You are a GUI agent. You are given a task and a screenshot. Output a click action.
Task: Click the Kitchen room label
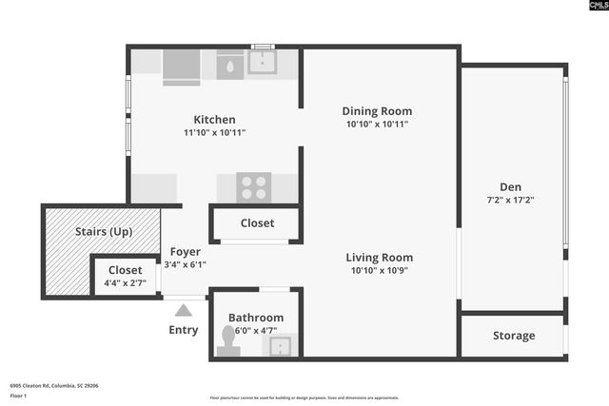point(214,120)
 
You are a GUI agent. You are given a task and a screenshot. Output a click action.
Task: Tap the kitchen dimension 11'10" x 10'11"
point(214,133)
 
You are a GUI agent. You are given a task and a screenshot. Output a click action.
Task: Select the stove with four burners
point(253,186)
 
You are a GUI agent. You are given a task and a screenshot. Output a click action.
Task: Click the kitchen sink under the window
point(262,64)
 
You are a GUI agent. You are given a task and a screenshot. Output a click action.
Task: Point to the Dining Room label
point(377,111)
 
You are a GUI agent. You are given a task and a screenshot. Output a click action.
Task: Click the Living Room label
point(379,257)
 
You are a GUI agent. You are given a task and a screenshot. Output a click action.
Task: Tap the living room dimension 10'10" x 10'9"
point(379,270)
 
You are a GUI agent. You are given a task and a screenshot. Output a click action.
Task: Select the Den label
point(510,186)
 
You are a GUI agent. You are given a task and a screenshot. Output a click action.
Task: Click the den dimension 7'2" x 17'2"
point(510,200)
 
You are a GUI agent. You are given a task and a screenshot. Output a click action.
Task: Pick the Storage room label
point(513,336)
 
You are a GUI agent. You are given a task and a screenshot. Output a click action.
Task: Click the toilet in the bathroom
point(228,341)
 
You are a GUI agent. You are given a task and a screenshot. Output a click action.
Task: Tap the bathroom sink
point(281,345)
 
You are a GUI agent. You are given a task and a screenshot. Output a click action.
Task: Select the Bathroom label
point(255,318)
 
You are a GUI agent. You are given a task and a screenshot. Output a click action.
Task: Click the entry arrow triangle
point(183,309)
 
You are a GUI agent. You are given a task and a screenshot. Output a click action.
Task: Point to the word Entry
point(183,330)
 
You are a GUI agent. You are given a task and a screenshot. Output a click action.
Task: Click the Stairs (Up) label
point(103,231)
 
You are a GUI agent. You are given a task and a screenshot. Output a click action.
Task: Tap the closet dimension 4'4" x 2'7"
point(125,282)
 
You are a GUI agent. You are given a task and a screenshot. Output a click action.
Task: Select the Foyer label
point(185,252)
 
